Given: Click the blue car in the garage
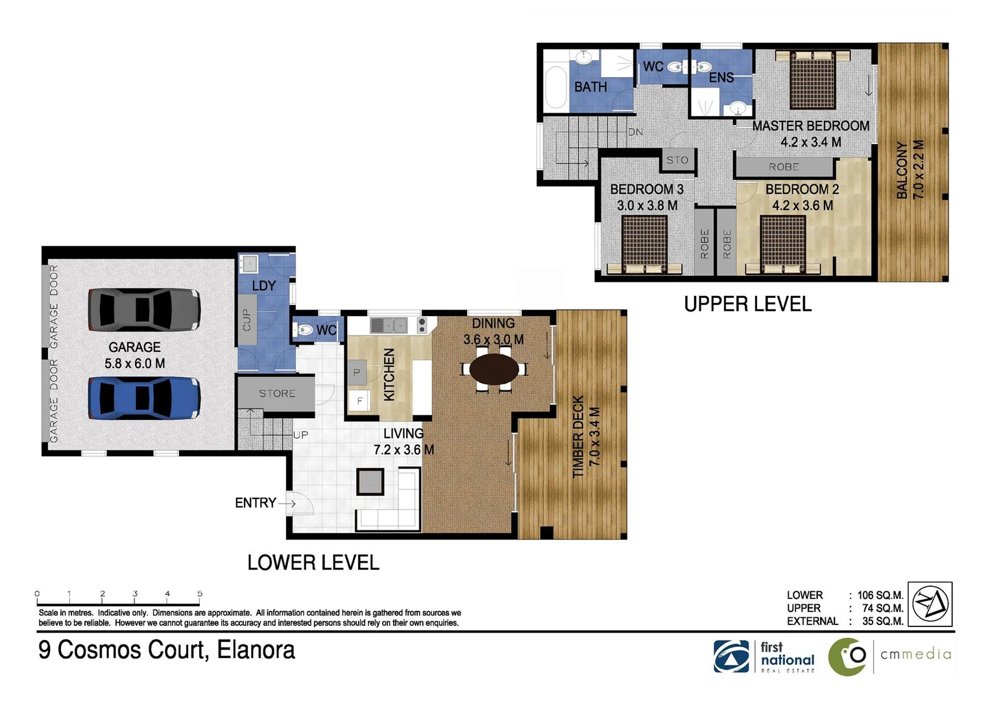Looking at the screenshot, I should [143, 397].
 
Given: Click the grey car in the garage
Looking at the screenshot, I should [143, 309].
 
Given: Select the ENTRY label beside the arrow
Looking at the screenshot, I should [255, 502].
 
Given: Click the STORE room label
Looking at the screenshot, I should [277, 393].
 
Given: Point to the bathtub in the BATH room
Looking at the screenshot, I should [556, 88].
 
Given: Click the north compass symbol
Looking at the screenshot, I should [930, 603].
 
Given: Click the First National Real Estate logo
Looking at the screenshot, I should [764, 657].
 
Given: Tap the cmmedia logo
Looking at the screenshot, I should [889, 656].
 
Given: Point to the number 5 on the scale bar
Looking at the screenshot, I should [200, 593].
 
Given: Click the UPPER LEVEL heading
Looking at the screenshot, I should [747, 304].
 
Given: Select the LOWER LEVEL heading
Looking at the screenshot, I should [313, 562].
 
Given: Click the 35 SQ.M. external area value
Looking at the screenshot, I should [882, 621].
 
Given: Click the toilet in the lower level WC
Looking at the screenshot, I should [303, 330].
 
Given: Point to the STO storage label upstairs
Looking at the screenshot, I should [677, 160].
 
